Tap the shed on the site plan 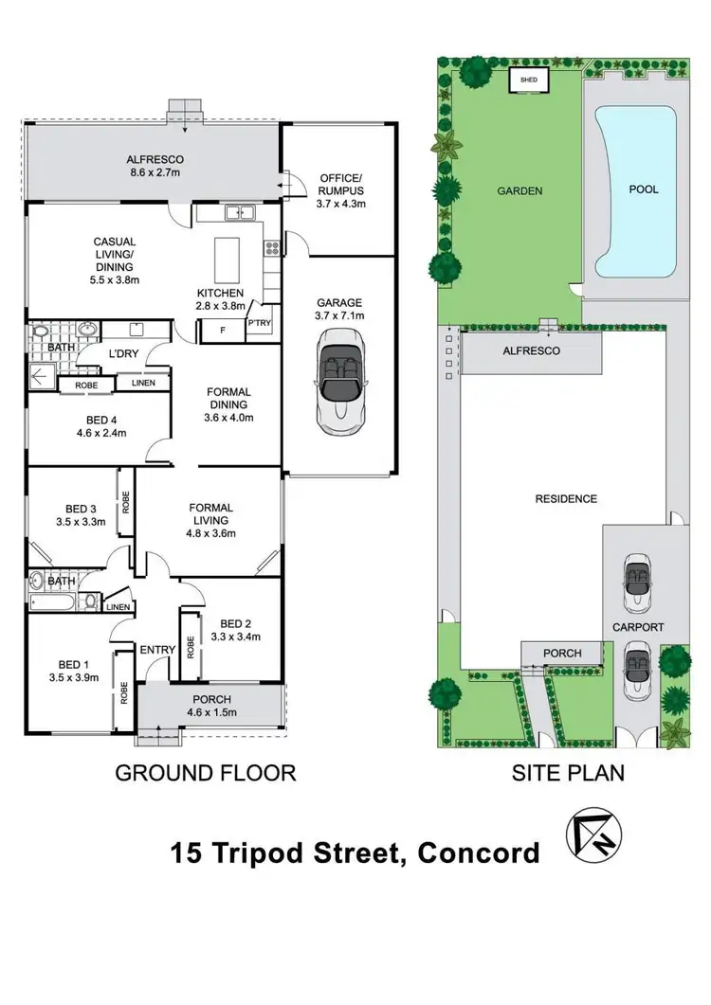[x=529, y=81]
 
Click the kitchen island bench [x=228, y=256]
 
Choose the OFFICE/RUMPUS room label [x=340, y=190]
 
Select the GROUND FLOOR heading [x=206, y=773]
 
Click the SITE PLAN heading [x=568, y=773]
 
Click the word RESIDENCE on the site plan [x=565, y=499]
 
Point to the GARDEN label [x=520, y=190]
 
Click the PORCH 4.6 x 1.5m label [x=210, y=706]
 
